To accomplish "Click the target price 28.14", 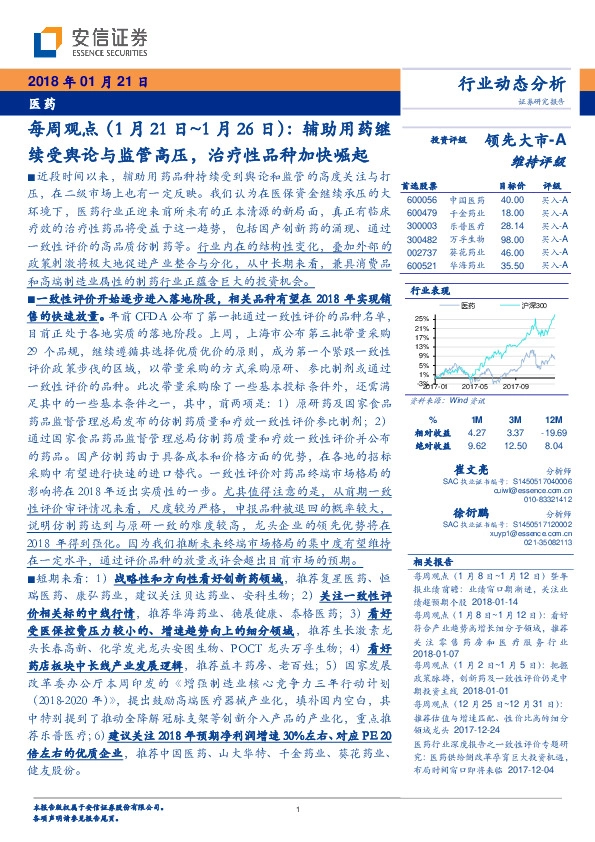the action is (513, 227).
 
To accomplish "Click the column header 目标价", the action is (513, 186).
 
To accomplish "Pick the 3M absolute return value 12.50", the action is (517, 445).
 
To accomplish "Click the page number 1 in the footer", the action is (298, 809).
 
